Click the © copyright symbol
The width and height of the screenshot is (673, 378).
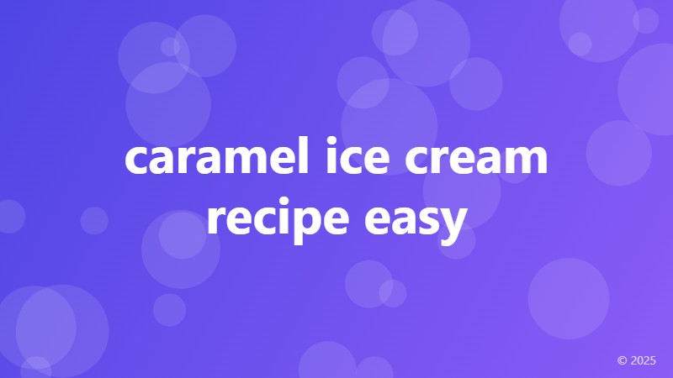[623, 360]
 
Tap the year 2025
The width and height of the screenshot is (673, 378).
[644, 360]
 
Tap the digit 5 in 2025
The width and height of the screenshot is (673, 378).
[653, 360]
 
